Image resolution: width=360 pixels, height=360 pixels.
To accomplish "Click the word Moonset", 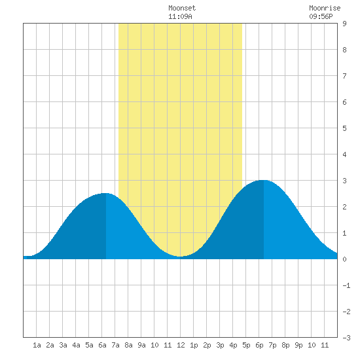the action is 182,8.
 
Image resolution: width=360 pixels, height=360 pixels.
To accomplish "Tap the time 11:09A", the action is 180,16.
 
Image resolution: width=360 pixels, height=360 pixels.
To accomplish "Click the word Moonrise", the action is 325,8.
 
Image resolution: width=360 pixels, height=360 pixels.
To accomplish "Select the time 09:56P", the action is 321,16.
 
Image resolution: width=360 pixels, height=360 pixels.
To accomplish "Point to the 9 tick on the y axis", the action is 344,24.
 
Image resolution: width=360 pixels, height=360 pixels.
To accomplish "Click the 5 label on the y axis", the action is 344,128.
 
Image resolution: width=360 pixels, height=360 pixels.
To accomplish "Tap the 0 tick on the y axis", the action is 344,259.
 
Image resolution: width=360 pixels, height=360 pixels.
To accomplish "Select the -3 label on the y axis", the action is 346,338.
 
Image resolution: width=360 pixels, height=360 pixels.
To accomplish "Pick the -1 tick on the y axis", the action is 346,285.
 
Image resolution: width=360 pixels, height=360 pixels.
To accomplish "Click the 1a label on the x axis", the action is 37,345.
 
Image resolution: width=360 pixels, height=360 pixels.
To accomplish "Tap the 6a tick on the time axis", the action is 102,345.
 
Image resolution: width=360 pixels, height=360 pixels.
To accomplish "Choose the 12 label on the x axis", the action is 181,345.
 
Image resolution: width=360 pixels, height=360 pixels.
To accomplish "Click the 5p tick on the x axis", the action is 246,345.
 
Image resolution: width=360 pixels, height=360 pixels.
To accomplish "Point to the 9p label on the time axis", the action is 298,345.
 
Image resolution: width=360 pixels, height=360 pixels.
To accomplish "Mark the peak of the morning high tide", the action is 105,193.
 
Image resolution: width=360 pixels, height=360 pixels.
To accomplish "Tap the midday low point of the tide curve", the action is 181,257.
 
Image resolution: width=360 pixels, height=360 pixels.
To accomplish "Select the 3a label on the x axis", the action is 63,345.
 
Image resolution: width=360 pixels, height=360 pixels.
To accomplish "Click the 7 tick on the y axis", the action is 344,76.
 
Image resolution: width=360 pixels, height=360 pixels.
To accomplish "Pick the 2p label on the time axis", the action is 207,345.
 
